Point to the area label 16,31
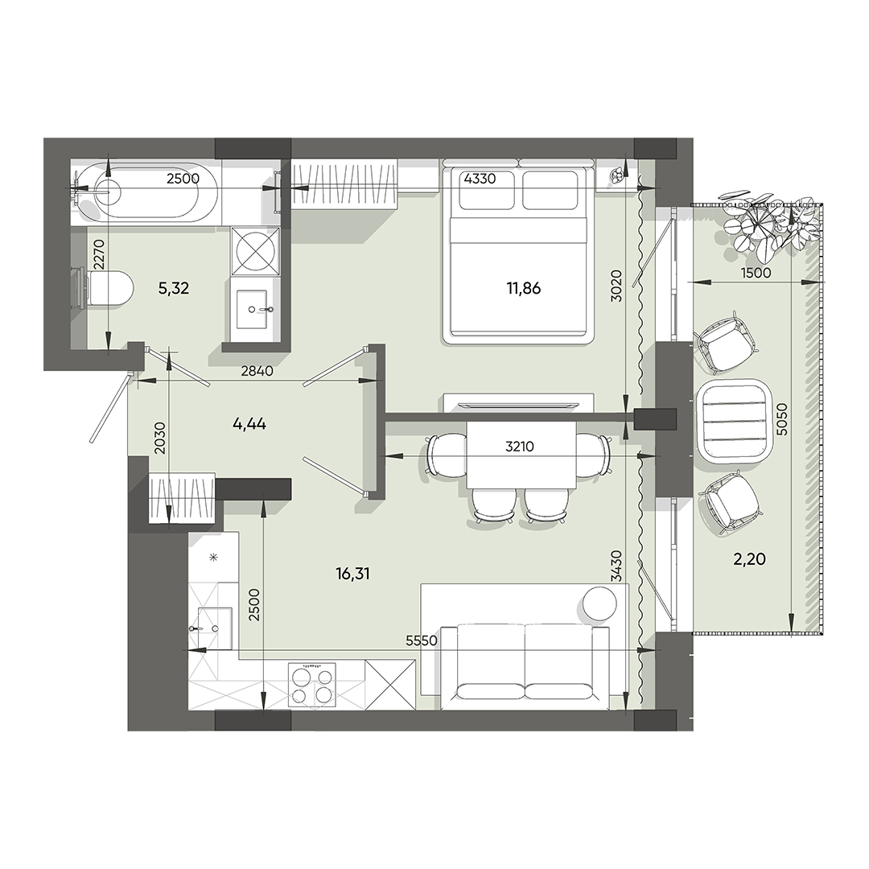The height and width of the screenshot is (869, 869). pyautogui.click(x=355, y=573)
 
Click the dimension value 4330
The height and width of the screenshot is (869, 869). pyautogui.click(x=480, y=179)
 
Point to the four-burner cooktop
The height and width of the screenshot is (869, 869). pyautogui.click(x=311, y=685)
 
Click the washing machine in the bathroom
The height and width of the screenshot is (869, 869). pyautogui.click(x=256, y=250)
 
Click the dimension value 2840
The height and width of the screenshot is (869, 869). pyautogui.click(x=257, y=372)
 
